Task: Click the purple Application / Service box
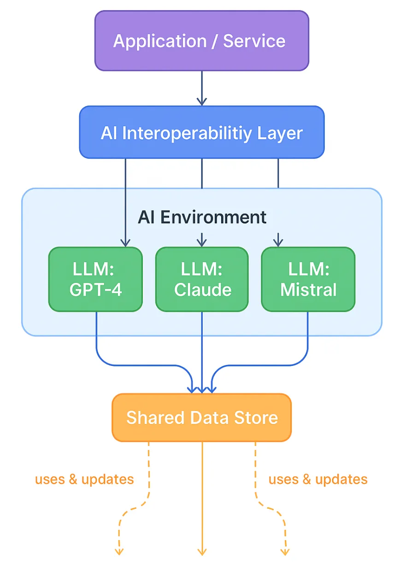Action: pyautogui.click(x=201, y=41)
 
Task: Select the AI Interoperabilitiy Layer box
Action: pyautogui.click(x=201, y=133)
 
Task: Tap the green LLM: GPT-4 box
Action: pyautogui.click(x=95, y=279)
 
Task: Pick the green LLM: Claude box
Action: pyautogui.click(x=202, y=279)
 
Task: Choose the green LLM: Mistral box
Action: pyautogui.click(x=308, y=279)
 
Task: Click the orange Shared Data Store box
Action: pyautogui.click(x=201, y=417)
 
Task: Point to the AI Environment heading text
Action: pyautogui.click(x=202, y=217)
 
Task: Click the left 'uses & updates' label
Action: pyautogui.click(x=84, y=479)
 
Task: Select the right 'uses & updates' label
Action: pyautogui.click(x=318, y=479)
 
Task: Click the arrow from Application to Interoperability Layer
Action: pyautogui.click(x=202, y=88)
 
